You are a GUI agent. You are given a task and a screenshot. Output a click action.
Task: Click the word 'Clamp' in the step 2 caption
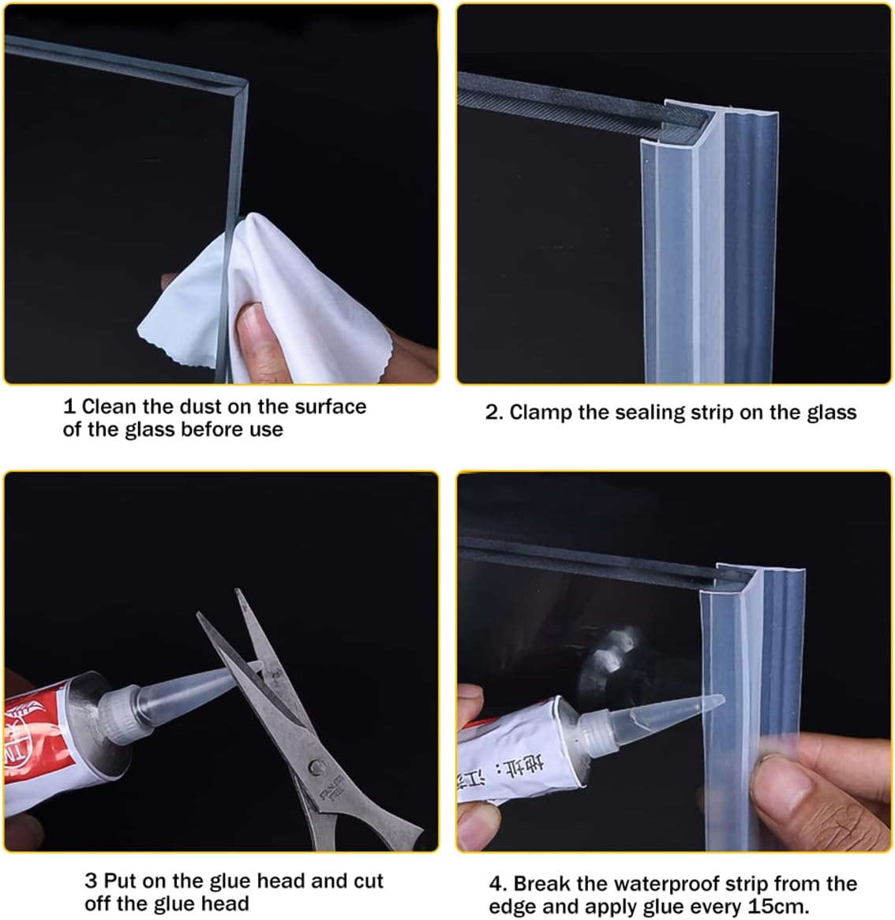[x=541, y=412]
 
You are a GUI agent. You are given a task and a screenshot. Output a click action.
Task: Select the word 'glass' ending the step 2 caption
[x=831, y=412]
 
